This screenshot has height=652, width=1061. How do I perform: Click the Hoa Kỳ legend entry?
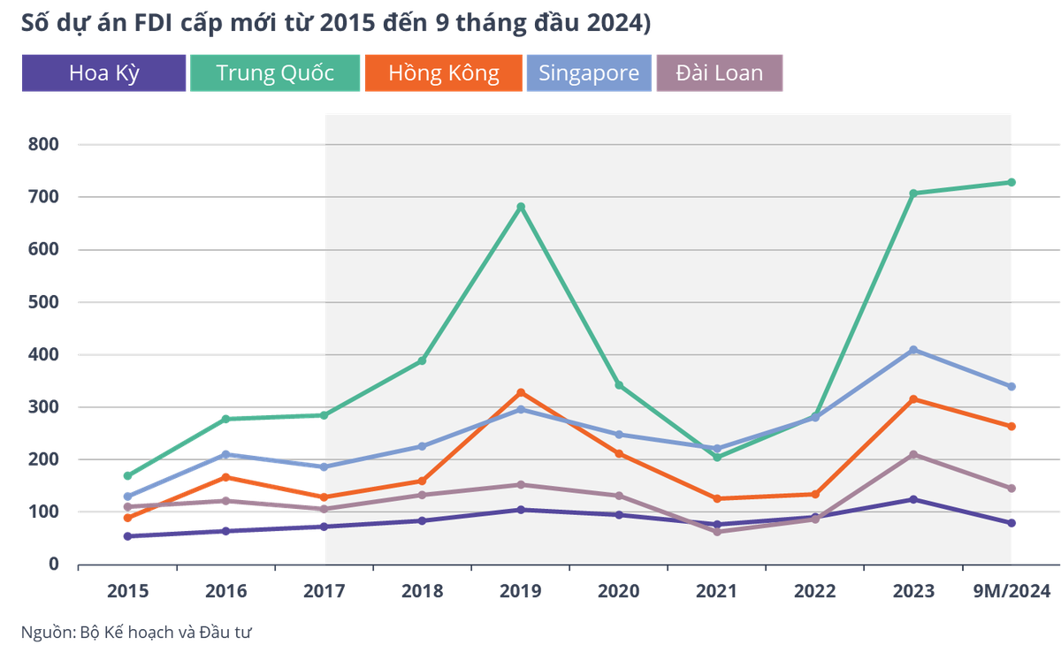point(104,72)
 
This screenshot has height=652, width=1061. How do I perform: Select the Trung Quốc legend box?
point(275,72)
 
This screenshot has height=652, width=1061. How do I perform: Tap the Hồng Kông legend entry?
point(443,72)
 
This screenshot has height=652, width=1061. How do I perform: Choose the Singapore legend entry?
point(588,72)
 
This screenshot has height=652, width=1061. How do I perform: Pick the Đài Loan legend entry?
point(719,72)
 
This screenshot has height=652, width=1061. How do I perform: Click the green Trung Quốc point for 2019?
point(521,207)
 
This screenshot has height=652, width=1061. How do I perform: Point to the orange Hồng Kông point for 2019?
point(521,392)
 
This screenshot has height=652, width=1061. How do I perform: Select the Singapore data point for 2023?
point(914,350)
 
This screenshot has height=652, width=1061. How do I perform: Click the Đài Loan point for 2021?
point(717,532)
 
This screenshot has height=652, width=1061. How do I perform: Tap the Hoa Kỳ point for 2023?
point(914,499)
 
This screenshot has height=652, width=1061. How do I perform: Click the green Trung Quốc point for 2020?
point(619,385)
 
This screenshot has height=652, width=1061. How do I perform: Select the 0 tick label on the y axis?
point(54,564)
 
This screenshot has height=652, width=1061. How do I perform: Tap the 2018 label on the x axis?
point(422,591)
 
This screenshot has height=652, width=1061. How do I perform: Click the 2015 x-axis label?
point(127,591)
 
